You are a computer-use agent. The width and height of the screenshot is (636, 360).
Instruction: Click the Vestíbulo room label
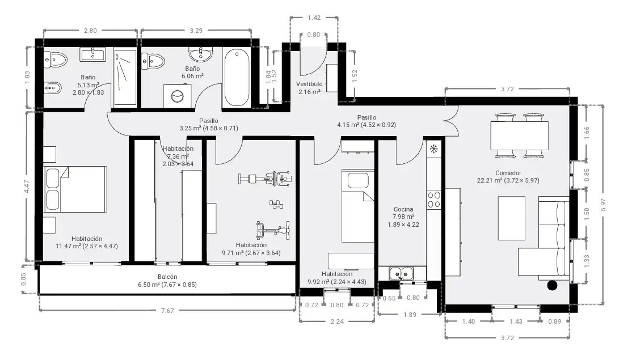click(309, 84)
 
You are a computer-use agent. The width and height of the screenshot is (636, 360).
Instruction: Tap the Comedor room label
click(508, 173)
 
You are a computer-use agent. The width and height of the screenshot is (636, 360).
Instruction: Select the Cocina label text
click(403, 209)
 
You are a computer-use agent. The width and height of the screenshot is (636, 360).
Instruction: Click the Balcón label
click(167, 277)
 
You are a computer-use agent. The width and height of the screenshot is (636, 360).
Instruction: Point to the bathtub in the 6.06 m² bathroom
click(237, 78)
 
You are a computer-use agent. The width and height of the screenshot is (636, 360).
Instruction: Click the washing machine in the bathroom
click(177, 96)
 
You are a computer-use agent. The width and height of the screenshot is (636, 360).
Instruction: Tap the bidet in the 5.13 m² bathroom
click(53, 87)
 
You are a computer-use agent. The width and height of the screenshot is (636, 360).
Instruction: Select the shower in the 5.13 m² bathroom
click(125, 78)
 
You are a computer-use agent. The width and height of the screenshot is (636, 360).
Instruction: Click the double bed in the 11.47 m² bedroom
click(75, 189)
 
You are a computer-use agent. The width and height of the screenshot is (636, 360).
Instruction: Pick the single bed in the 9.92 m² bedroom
click(357, 206)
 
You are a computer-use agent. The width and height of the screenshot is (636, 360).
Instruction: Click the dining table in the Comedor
click(519, 135)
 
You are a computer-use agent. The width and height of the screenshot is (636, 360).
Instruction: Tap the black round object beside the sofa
click(552, 285)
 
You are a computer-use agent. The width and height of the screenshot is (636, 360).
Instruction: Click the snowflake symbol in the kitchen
click(433, 149)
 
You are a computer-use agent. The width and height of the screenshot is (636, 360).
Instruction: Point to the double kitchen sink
click(401, 274)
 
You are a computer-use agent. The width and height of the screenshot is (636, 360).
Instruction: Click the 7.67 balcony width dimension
click(167, 311)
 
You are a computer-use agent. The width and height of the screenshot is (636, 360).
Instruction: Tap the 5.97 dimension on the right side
click(603, 205)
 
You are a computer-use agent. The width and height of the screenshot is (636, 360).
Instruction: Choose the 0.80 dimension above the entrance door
click(314, 35)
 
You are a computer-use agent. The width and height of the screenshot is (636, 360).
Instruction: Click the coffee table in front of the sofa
click(512, 218)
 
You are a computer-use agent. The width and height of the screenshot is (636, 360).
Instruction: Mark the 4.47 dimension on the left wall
click(27, 187)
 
